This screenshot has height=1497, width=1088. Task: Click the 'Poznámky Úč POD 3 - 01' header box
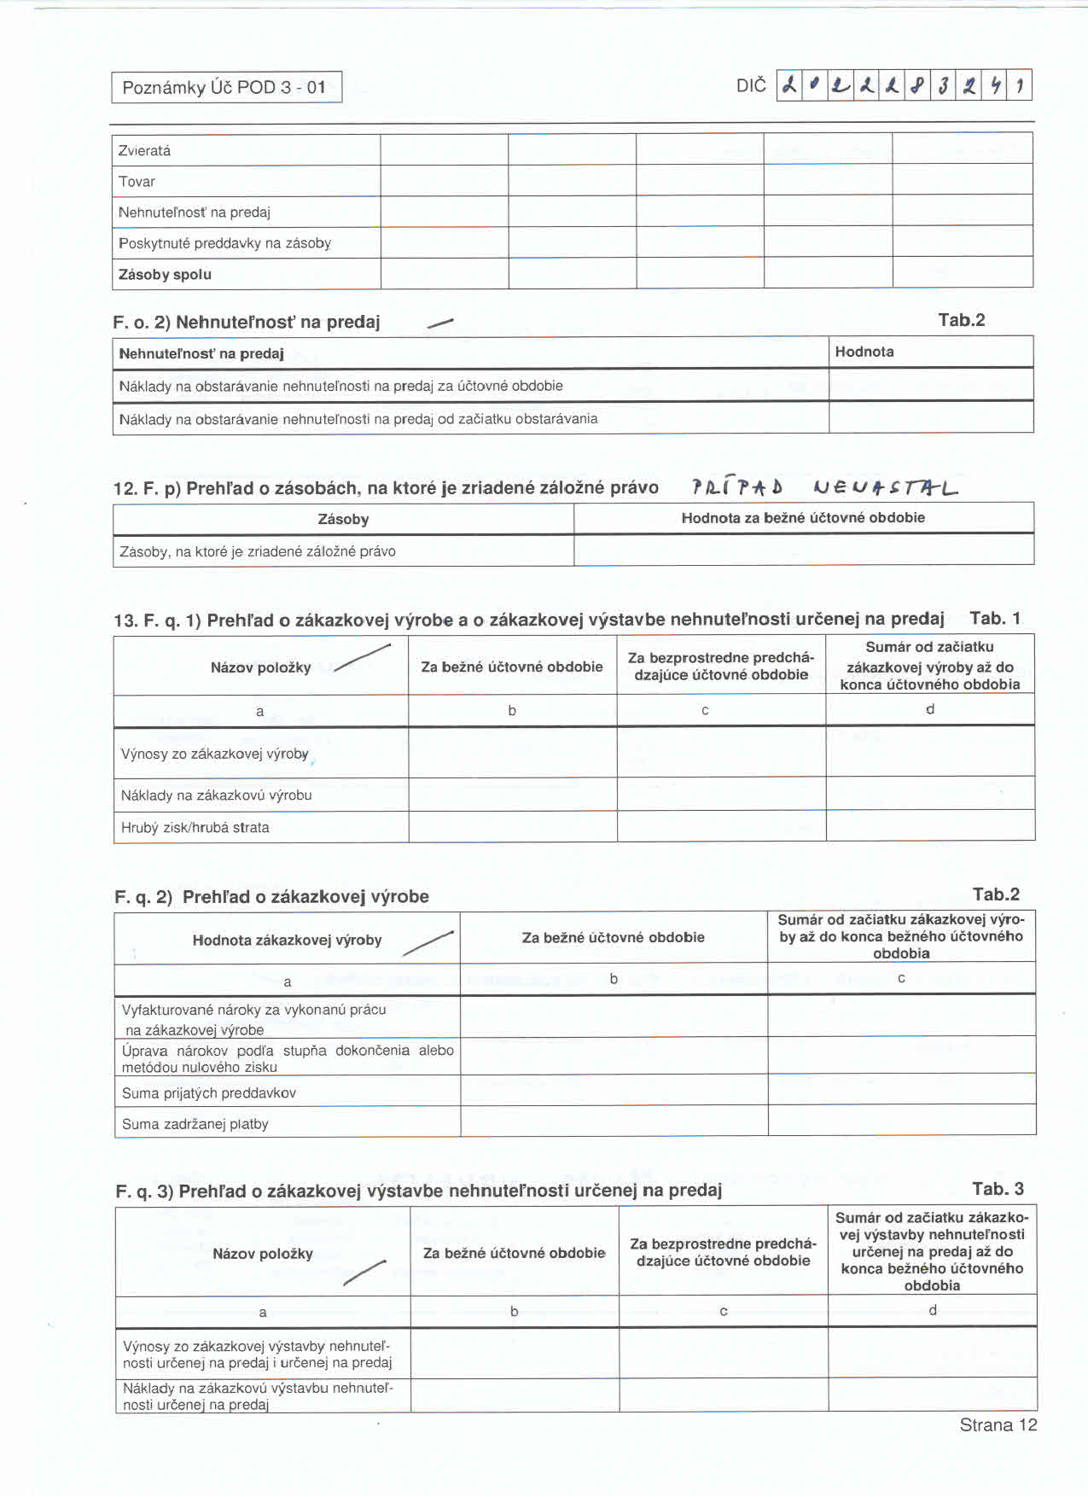(x=226, y=87)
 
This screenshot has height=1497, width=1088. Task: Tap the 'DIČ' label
(x=751, y=85)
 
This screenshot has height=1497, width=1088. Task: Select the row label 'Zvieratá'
(x=145, y=151)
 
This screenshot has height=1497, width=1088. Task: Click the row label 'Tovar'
(x=137, y=182)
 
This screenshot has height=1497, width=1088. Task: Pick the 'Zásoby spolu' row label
(x=166, y=275)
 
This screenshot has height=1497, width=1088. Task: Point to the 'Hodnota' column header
(x=864, y=352)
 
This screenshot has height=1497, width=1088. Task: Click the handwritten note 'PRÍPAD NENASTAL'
(x=824, y=487)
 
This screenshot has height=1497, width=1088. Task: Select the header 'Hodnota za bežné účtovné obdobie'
(x=803, y=517)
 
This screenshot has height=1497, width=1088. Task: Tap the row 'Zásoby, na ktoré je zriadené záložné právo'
(x=258, y=551)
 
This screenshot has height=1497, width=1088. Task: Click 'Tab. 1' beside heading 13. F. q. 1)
(x=995, y=618)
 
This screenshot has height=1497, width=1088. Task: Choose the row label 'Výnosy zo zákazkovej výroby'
(x=215, y=754)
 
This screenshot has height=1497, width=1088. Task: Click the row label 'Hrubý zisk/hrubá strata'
(x=195, y=827)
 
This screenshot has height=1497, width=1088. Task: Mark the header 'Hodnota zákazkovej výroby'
(x=287, y=940)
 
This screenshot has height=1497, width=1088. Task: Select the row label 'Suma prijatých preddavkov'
(x=209, y=1092)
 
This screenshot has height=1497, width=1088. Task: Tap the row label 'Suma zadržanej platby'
(x=195, y=1124)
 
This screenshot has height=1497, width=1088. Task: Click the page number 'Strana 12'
(x=998, y=1424)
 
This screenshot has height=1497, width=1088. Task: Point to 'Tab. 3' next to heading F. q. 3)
(x=998, y=1189)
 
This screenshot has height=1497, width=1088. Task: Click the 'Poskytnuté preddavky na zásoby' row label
(x=225, y=243)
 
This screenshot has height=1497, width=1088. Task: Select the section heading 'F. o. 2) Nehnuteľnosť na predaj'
(x=247, y=322)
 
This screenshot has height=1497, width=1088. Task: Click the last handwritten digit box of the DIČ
(x=1020, y=85)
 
